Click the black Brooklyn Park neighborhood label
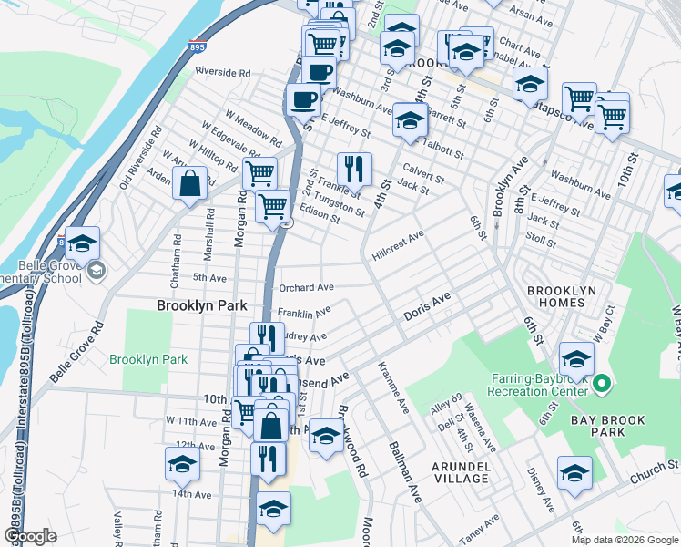point(202,306)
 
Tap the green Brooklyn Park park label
point(148,359)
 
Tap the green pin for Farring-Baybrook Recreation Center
point(601,385)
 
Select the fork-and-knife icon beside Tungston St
point(354,169)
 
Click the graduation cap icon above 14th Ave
point(182,465)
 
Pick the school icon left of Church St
point(574,473)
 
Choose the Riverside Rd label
point(221,72)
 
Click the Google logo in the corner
point(30,536)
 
